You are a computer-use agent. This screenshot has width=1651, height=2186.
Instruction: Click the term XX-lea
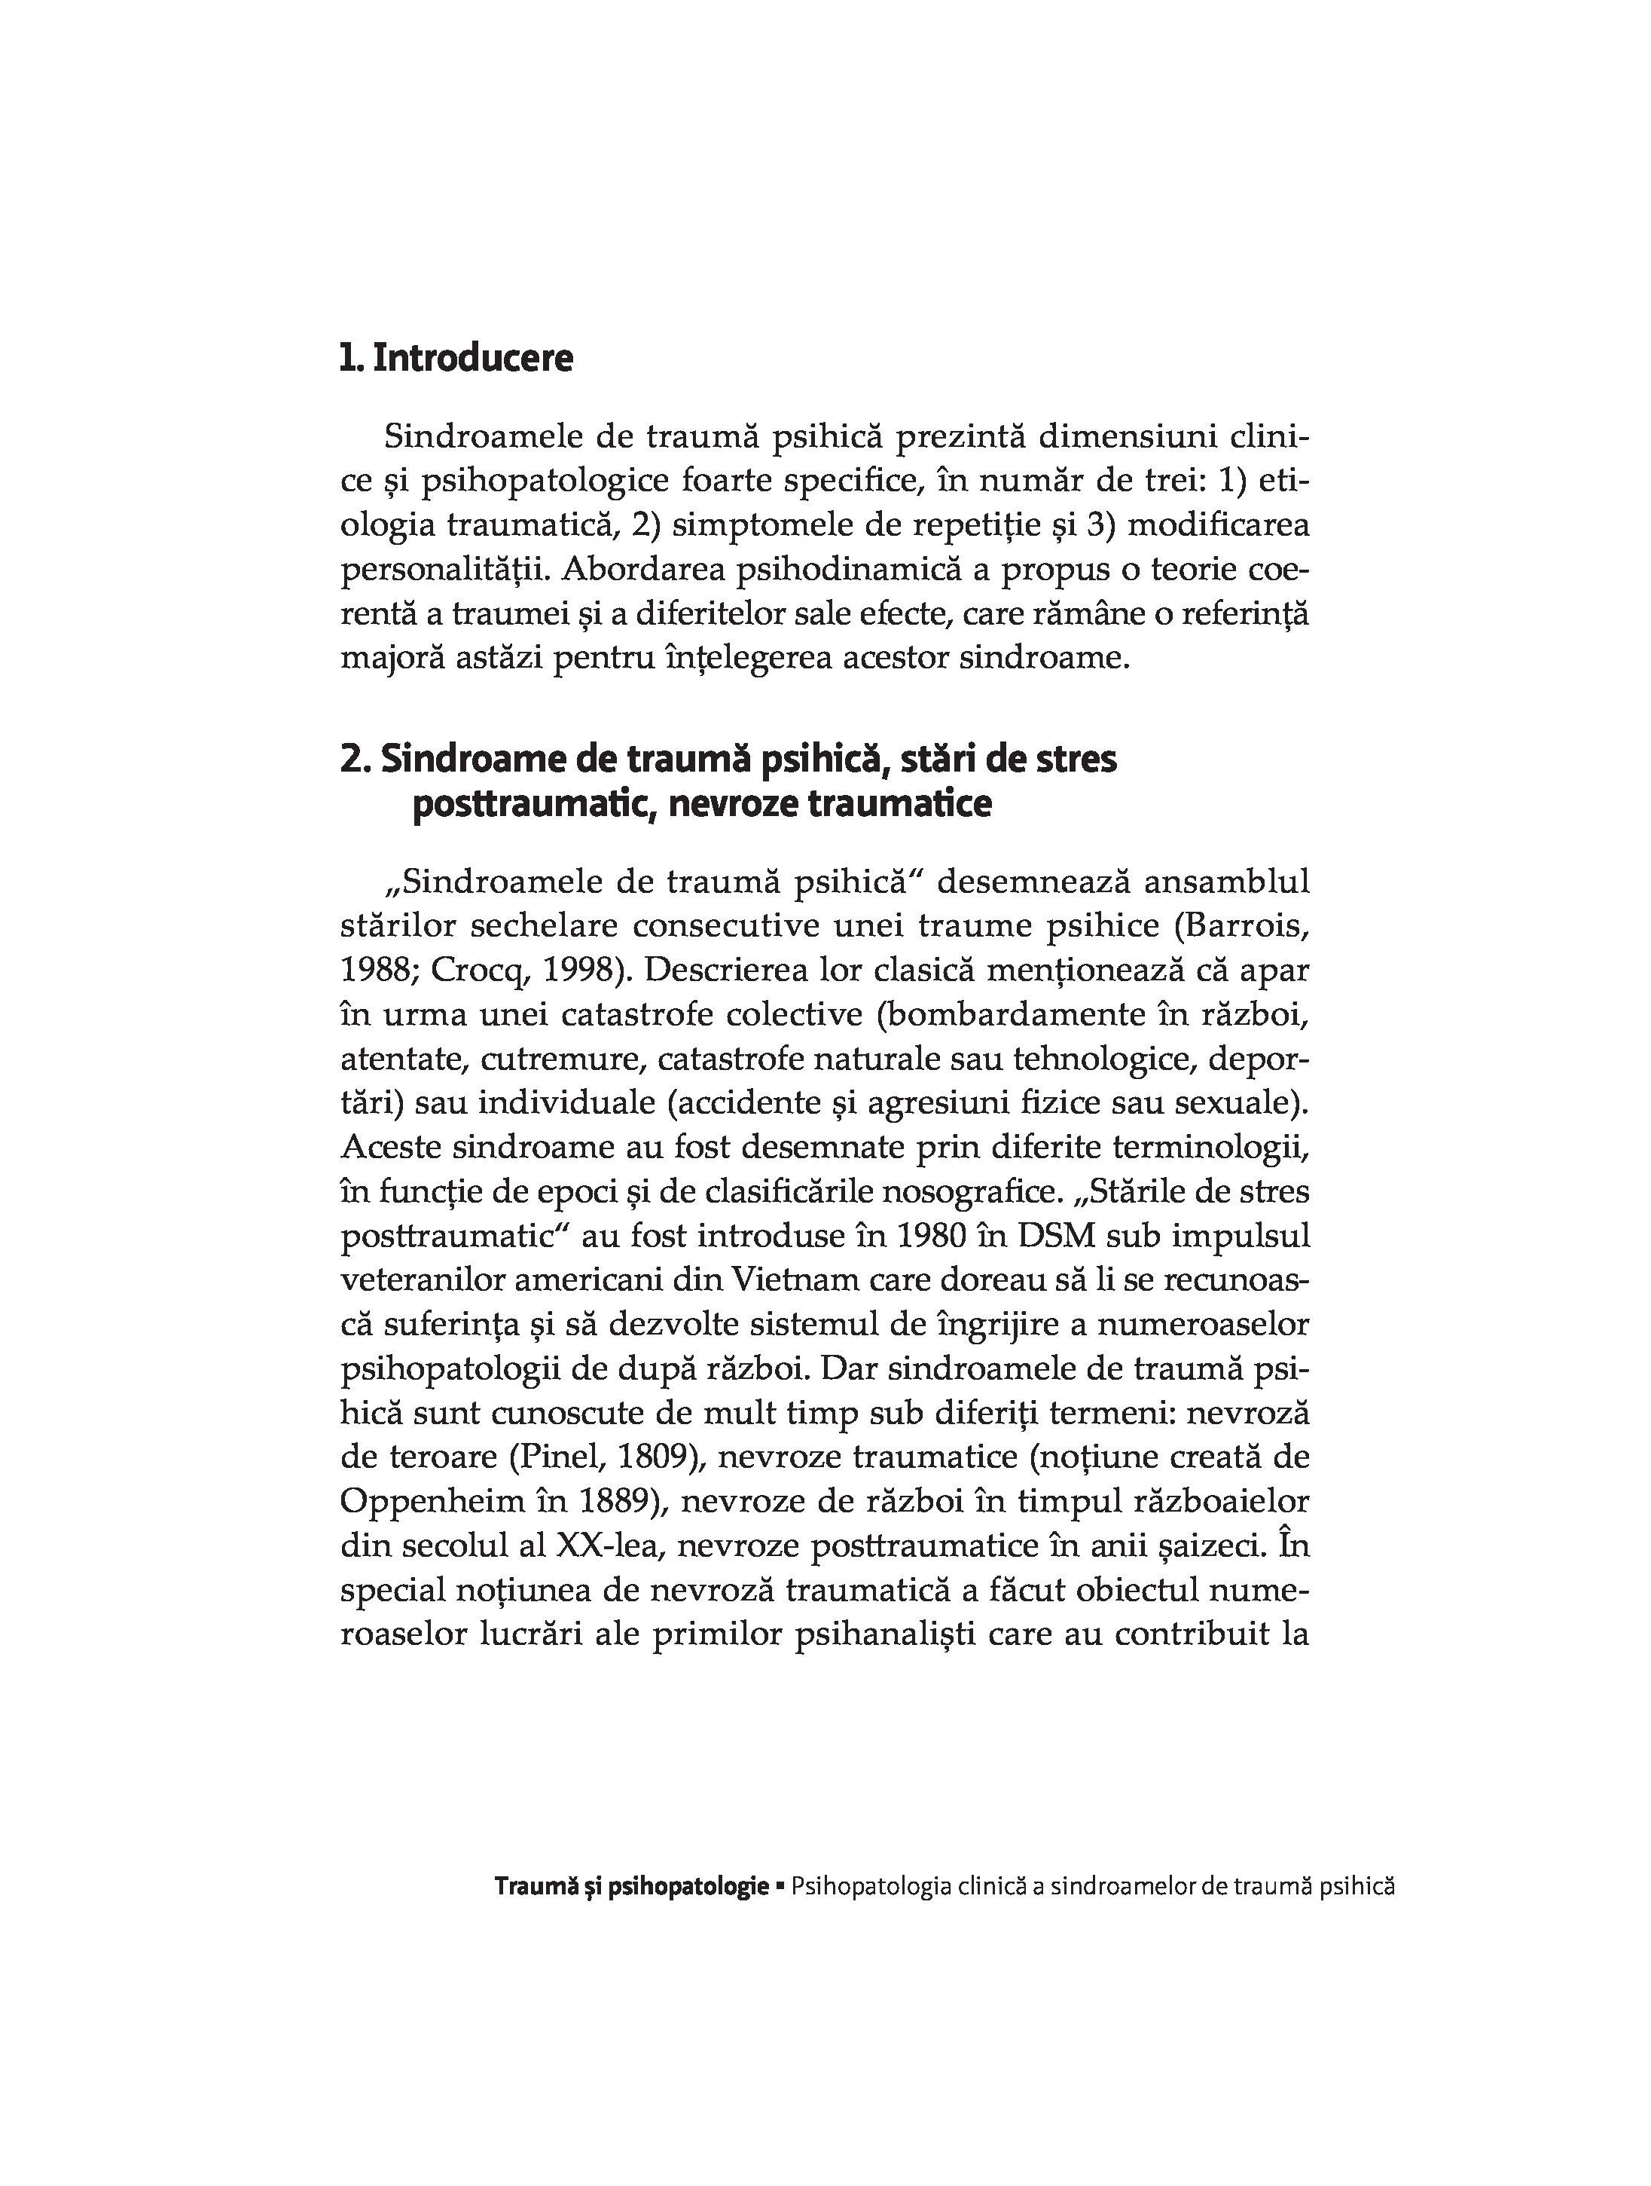tap(606, 1545)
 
